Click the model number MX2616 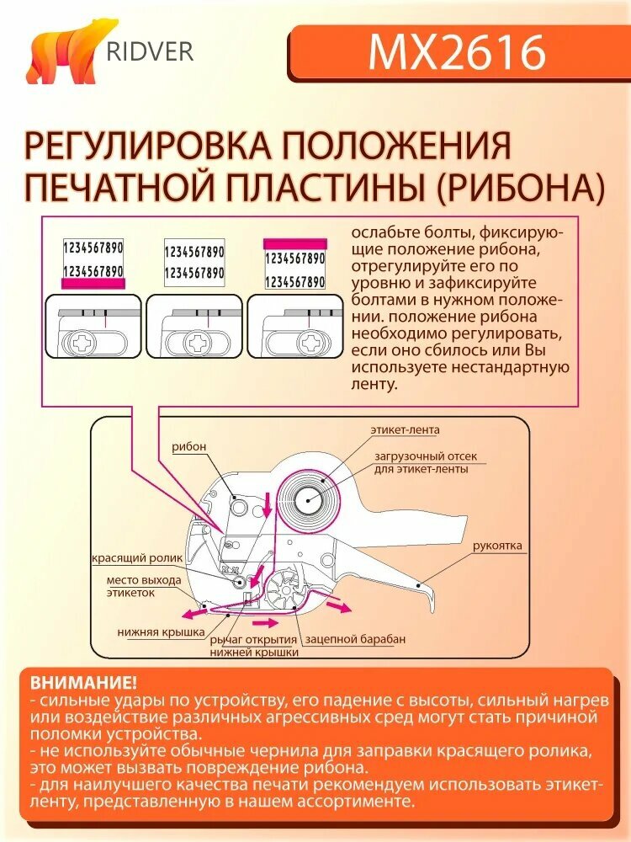point(457,52)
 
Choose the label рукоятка point(497,546)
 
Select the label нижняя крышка point(162,631)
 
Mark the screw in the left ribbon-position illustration point(79,344)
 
